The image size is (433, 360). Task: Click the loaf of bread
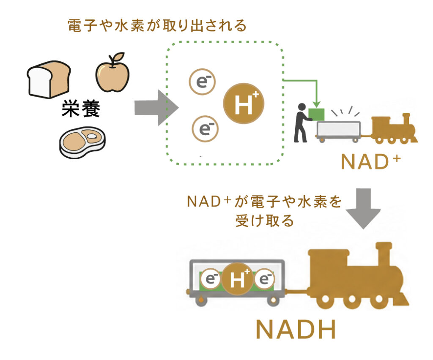49,79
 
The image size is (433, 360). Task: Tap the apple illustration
112,74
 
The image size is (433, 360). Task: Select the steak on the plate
82,142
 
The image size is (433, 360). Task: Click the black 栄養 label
81,109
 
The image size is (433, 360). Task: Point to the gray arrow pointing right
156,108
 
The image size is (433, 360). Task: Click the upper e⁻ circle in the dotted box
203,82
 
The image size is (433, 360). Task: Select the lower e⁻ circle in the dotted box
205,129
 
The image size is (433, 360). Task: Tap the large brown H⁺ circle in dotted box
244,104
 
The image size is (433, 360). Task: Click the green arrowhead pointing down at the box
317,104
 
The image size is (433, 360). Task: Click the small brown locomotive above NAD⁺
394,128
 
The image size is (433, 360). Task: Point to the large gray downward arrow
363,209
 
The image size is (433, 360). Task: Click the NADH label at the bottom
296,330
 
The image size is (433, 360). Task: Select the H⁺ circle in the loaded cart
238,279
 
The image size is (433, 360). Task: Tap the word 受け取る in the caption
264,221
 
